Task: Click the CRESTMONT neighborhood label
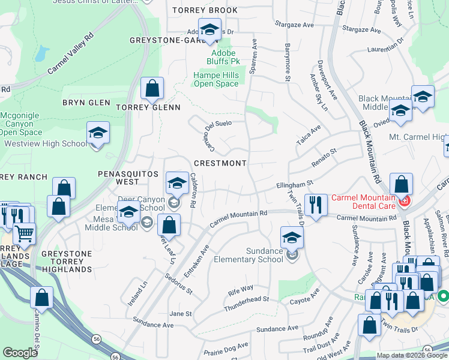click(220, 163)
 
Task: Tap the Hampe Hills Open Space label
click(216, 79)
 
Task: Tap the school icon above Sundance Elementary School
click(292, 238)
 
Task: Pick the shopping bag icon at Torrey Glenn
click(152, 89)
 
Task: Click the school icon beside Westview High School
click(98, 133)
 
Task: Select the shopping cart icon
click(24, 233)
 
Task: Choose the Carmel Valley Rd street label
click(71, 54)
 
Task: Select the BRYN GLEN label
click(86, 103)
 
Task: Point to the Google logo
click(20, 353)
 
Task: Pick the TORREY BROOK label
click(205, 11)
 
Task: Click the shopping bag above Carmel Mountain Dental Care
click(401, 185)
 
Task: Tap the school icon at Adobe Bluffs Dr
click(209, 30)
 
